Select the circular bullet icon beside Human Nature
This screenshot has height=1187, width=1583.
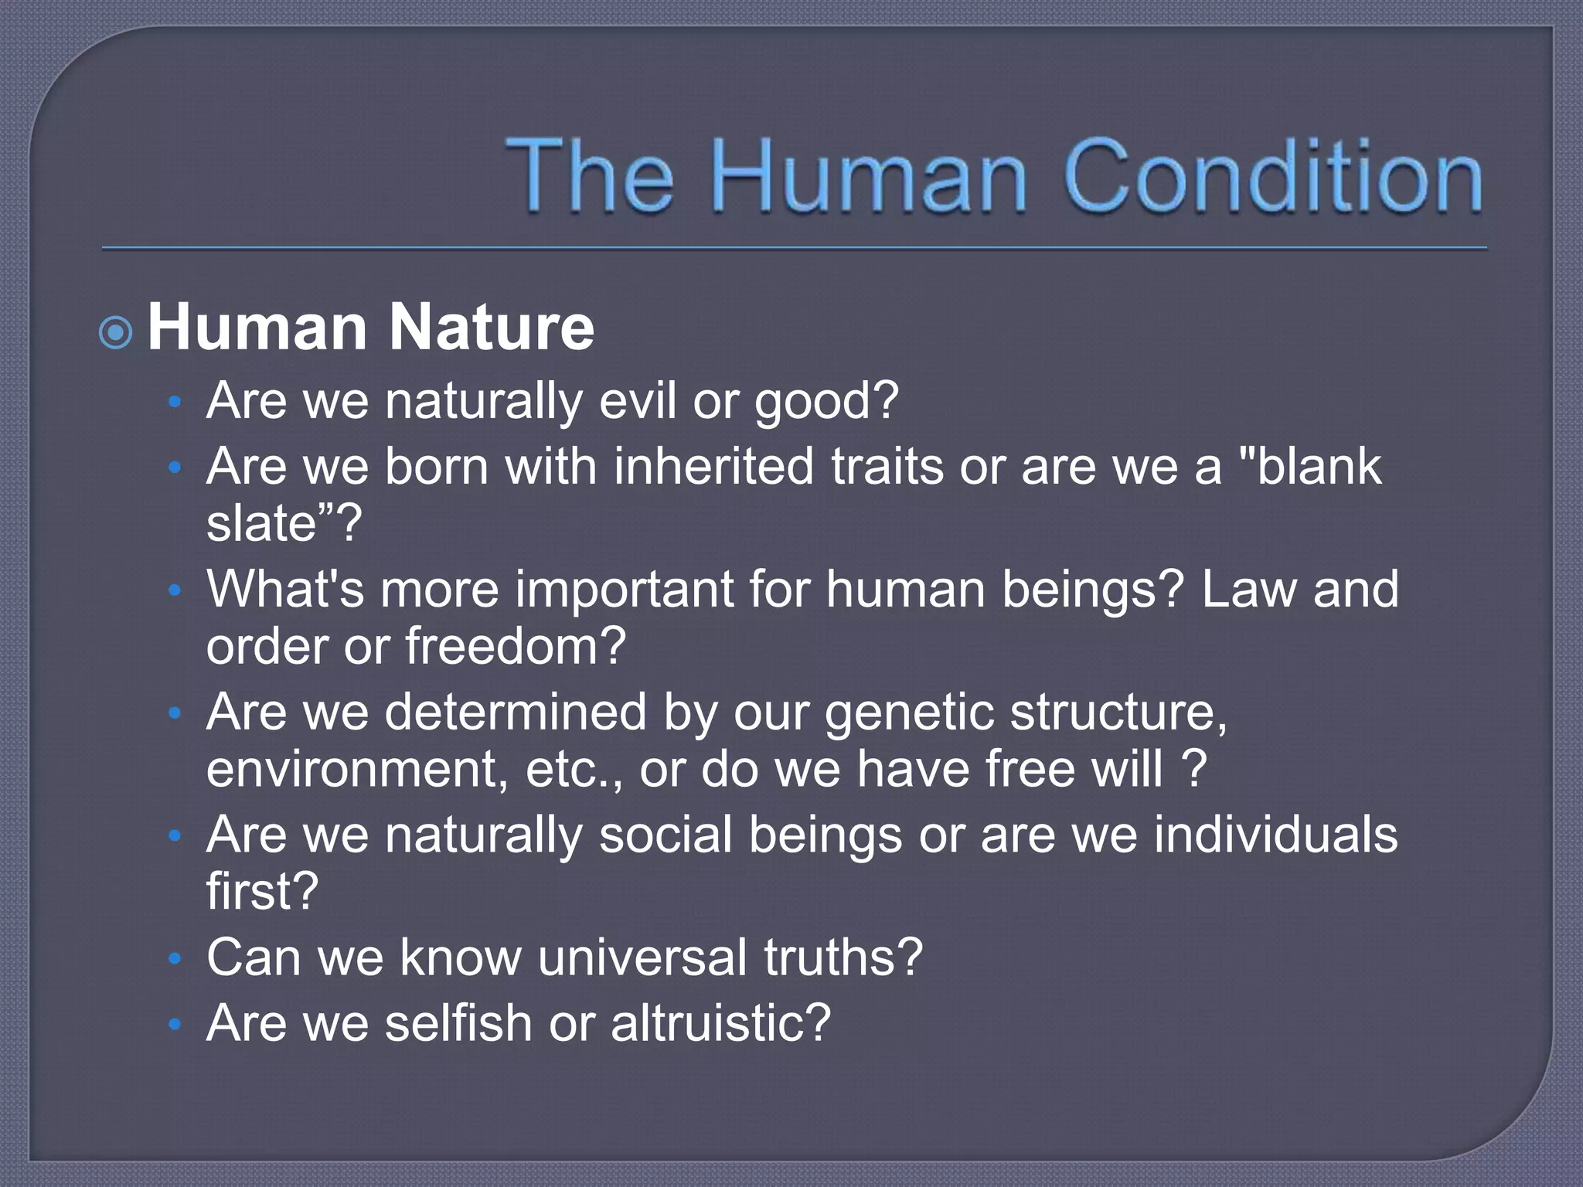pyautogui.click(x=116, y=333)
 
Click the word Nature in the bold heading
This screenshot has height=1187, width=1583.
pyautogui.click(x=492, y=328)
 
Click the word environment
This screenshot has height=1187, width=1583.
pyautogui.click(x=356, y=770)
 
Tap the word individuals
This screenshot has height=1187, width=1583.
pyautogui.click(x=1275, y=835)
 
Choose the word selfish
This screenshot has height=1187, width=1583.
pyautogui.click(x=459, y=1023)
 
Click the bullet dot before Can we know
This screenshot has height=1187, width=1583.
pyautogui.click(x=175, y=959)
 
